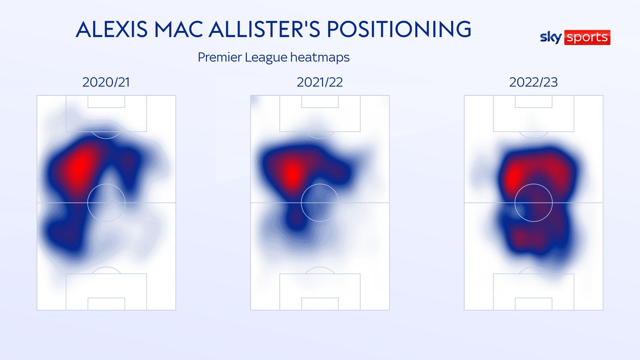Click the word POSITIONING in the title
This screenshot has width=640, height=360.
(399, 30)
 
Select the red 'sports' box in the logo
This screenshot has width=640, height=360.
(587, 38)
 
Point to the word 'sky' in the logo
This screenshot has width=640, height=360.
(551, 38)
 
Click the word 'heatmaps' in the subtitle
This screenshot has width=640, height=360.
(320, 58)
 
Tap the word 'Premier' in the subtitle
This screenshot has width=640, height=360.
(220, 58)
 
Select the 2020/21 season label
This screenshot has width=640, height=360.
(106, 82)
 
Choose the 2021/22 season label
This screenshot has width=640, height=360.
(320, 82)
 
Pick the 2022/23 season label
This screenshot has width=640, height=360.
(533, 82)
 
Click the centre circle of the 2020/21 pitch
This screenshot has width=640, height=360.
(106, 203)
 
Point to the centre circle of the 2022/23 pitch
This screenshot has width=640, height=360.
(534, 203)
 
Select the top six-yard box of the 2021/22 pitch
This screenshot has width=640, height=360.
(320, 102)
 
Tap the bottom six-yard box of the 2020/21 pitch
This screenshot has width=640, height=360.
(106, 304)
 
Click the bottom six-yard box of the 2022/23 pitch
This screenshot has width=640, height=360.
(534, 304)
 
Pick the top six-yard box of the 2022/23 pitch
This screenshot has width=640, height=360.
(534, 102)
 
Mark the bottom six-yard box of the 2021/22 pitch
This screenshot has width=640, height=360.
(320, 304)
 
